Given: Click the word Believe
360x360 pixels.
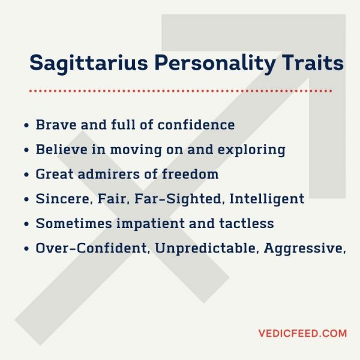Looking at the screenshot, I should pos(59,149).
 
